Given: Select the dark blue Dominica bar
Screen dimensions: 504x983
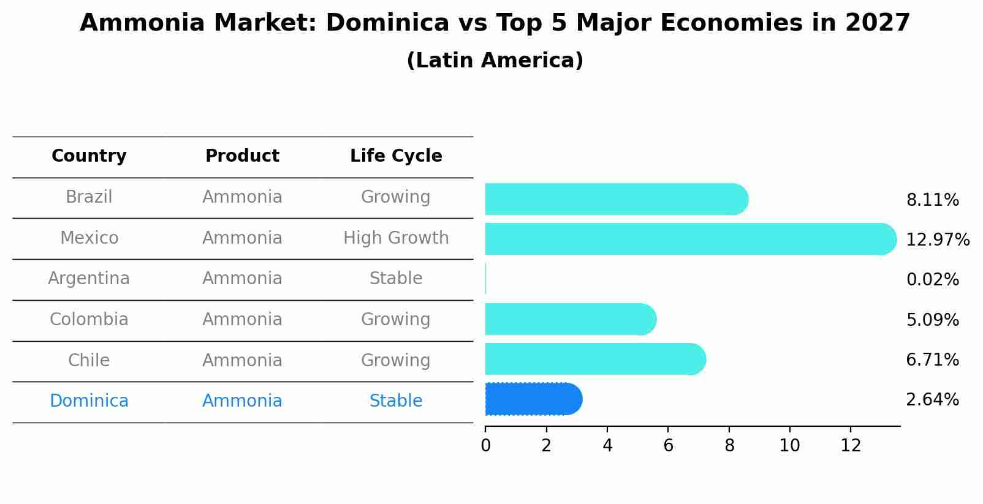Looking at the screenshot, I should [532, 399].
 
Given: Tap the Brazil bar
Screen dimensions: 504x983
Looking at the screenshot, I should [616, 199].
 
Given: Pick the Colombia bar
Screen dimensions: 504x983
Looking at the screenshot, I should [570, 319].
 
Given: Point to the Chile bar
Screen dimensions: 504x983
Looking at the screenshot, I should [594, 359].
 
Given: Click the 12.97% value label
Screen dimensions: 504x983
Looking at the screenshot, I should [937, 239].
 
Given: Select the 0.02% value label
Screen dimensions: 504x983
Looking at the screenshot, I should [932, 280].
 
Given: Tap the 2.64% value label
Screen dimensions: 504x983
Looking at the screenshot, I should [932, 400].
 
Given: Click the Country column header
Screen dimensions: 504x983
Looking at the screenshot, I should [89, 156].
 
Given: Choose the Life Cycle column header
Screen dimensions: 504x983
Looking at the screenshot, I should [396, 156].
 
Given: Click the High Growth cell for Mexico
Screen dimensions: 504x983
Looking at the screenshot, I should [396, 238].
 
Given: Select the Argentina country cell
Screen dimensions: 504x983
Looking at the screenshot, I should [89, 279].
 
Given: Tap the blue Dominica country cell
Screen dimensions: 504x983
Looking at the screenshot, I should [89, 401].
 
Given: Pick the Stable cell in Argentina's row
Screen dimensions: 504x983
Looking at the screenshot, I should [396, 279].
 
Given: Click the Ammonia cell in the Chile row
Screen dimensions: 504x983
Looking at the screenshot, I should [242, 361].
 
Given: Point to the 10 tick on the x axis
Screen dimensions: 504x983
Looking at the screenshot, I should [789, 446].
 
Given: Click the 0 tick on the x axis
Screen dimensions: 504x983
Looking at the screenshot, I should [485, 446].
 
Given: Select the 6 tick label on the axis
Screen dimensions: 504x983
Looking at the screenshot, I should [668, 446].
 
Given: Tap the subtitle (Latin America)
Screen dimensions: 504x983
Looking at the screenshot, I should [495, 61].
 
